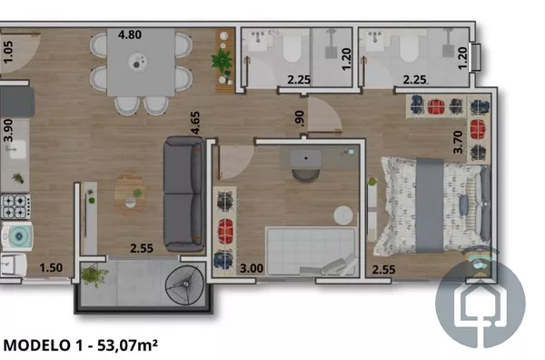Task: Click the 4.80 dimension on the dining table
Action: point(130,35)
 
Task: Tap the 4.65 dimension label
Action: point(195,123)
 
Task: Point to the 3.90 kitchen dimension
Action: point(8,130)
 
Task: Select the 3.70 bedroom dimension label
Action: point(459,142)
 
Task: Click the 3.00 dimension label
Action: point(252,268)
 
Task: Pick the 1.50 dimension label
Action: point(51,268)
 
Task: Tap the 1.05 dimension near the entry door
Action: point(8,52)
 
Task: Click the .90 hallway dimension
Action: point(299,118)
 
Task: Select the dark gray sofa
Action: point(184,194)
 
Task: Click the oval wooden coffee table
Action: point(130,193)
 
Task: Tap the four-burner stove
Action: point(15,206)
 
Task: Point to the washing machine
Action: point(16,235)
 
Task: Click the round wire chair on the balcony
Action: point(184,285)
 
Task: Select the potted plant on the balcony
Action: point(94,275)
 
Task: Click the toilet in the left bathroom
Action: point(292,48)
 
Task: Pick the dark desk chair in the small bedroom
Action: point(305,175)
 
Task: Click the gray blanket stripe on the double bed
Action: point(430,205)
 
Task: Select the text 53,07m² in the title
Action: point(127,345)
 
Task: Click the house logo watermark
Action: point(481,304)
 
